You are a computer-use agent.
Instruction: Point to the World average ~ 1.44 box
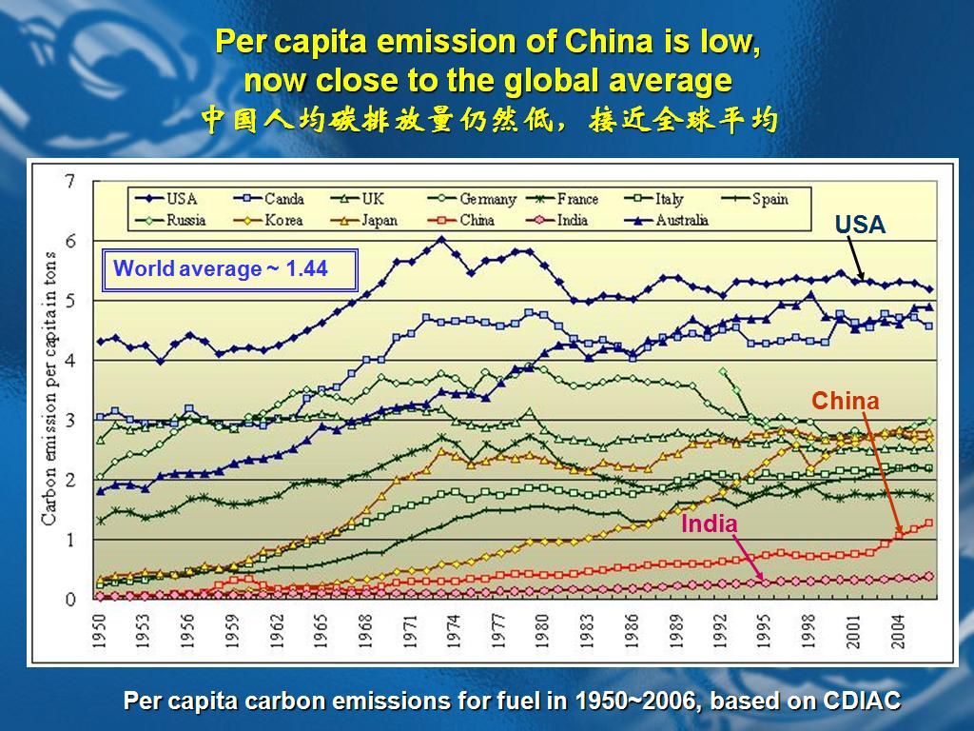click(x=229, y=269)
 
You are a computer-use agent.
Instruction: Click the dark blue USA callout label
click(x=860, y=226)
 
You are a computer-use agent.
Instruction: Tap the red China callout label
click(x=845, y=402)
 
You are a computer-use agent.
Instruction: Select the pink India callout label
click(x=709, y=524)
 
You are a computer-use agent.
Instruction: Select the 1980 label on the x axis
click(x=542, y=629)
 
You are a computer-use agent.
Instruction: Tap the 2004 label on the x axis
click(x=897, y=629)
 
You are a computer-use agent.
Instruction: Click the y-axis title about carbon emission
click(x=49, y=390)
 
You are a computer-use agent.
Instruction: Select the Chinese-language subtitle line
click(x=489, y=121)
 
